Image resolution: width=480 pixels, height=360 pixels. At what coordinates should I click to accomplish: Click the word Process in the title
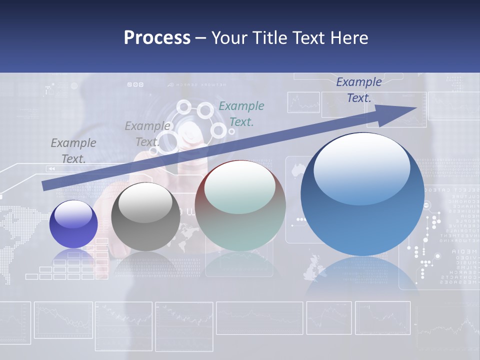(x=157, y=38)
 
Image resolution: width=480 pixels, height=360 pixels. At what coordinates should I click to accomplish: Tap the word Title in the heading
(x=268, y=38)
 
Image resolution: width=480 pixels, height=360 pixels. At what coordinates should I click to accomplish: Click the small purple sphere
(x=73, y=224)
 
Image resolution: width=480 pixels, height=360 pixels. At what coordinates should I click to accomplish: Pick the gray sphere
(x=145, y=217)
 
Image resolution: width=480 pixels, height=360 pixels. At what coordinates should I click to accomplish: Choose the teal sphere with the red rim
(x=240, y=206)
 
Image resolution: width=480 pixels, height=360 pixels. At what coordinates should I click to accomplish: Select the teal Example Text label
(x=241, y=113)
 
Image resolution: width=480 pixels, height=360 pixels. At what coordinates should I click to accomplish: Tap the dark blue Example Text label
(x=359, y=90)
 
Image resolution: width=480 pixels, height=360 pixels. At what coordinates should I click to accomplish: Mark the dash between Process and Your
(x=201, y=38)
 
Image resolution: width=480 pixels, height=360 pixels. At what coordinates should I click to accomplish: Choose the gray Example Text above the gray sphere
(x=147, y=133)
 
